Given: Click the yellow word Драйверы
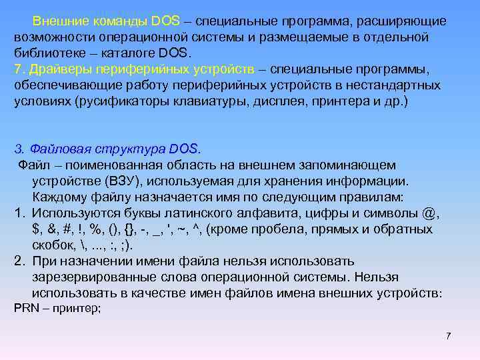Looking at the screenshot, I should [x=57, y=71].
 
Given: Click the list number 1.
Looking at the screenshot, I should [x=18, y=213].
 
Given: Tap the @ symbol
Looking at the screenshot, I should [x=431, y=213].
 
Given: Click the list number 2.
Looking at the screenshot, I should [x=18, y=261].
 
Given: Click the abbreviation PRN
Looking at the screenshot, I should [x=25, y=308].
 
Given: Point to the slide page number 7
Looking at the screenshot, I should [x=448, y=335].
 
